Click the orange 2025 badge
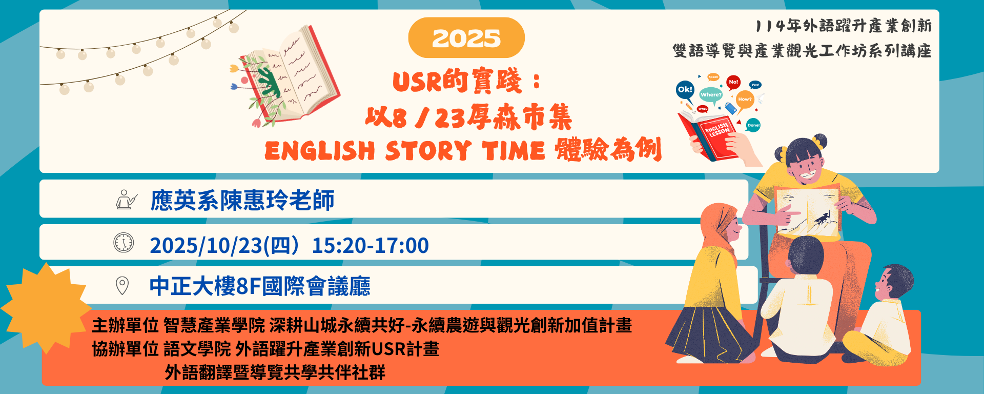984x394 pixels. coord(466,38)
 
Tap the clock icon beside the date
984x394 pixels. coord(124,243)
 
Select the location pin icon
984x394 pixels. coord(122,285)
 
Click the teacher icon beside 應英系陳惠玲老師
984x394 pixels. coord(126,200)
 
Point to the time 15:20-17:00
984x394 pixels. coord(370,246)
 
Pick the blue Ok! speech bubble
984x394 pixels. coord(685,90)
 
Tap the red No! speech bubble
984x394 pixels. coord(733,82)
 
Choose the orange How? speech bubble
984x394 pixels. coord(745,100)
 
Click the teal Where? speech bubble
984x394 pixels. coord(711,95)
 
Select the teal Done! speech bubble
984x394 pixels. coord(753,125)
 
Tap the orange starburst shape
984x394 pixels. coord(46,308)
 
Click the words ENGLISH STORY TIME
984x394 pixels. coord(405,151)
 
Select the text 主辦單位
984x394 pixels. coord(125,325)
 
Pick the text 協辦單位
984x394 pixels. coord(125,349)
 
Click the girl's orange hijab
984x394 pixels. coord(717,226)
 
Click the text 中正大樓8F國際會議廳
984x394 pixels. coord(260,286)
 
